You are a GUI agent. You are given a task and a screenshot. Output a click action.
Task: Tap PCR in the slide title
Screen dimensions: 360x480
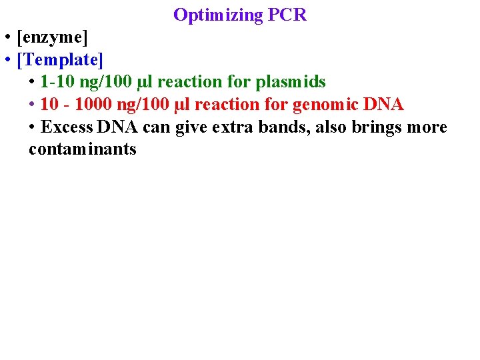[287, 15]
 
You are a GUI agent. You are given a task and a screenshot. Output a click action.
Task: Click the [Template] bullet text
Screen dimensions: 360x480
[61, 60]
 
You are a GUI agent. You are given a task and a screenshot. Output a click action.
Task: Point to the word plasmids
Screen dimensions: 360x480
[291, 82]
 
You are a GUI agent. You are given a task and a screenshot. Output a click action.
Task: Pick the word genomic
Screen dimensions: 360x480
[325, 105]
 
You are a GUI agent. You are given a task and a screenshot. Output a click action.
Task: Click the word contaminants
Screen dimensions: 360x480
[82, 149]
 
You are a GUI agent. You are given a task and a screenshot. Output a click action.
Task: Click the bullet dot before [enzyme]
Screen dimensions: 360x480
[5, 38]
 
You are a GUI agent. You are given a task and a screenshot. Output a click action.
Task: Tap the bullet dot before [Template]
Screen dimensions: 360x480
[5, 61]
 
